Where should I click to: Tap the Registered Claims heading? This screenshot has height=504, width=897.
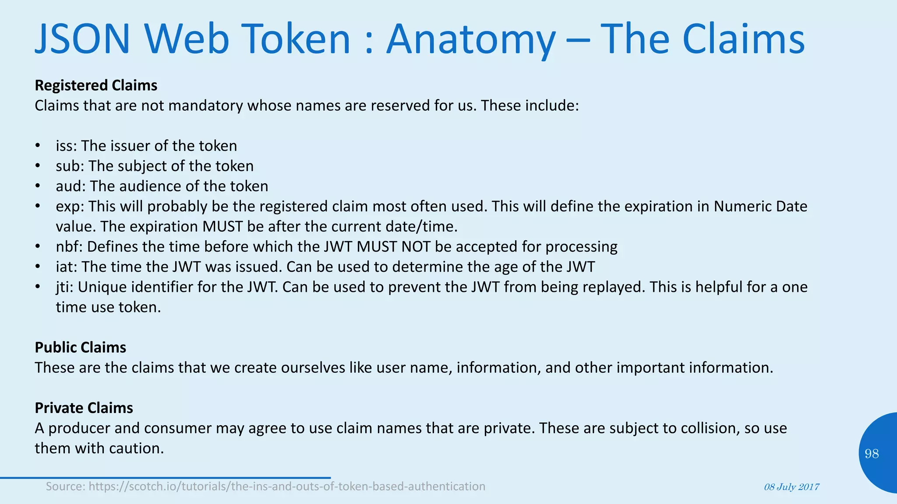point(96,85)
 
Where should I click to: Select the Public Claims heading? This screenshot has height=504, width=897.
point(81,347)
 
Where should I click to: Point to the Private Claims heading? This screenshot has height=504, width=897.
point(84,408)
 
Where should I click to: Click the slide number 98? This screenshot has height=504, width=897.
point(872,454)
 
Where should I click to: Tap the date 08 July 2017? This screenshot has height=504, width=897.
point(791,487)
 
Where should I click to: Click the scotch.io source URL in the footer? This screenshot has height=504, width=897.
point(287,486)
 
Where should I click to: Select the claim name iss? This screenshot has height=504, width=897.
point(64,146)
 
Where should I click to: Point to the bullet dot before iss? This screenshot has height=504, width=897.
point(38,146)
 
